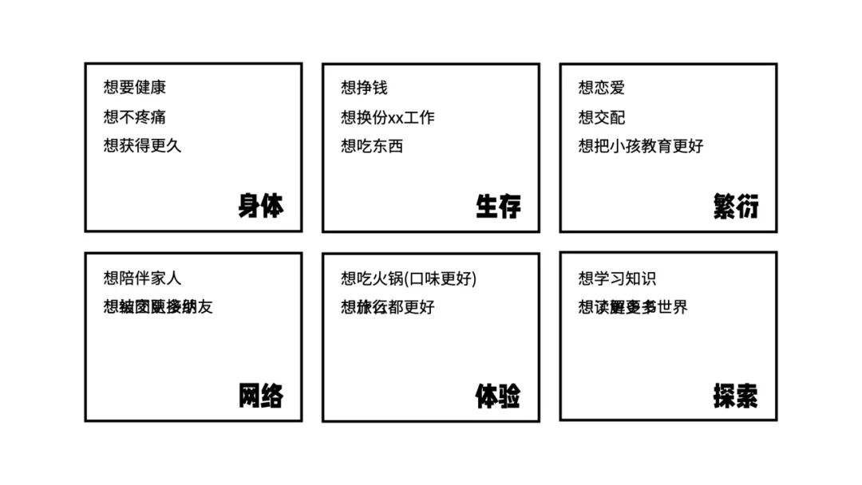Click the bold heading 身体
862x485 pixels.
(x=260, y=207)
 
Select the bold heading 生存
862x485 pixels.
(x=498, y=207)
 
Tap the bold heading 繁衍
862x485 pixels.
(x=736, y=207)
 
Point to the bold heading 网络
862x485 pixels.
(x=260, y=396)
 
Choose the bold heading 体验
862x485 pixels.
(x=498, y=396)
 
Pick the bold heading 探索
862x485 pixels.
(x=736, y=396)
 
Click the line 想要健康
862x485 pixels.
(x=135, y=88)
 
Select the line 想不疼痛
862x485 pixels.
(x=135, y=117)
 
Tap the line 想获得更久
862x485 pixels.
(x=142, y=146)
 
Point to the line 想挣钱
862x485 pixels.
(x=364, y=88)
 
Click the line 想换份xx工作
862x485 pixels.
(x=388, y=117)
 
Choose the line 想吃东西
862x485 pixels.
(x=372, y=146)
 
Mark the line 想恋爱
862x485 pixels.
(x=602, y=88)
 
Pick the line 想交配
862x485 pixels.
(x=602, y=117)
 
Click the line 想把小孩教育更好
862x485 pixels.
(x=641, y=146)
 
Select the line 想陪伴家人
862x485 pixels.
(x=142, y=278)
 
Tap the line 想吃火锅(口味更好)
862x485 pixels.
(x=409, y=278)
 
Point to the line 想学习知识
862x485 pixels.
(x=617, y=278)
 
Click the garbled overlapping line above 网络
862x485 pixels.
(x=158, y=307)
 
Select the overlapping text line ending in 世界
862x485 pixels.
(x=633, y=307)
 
